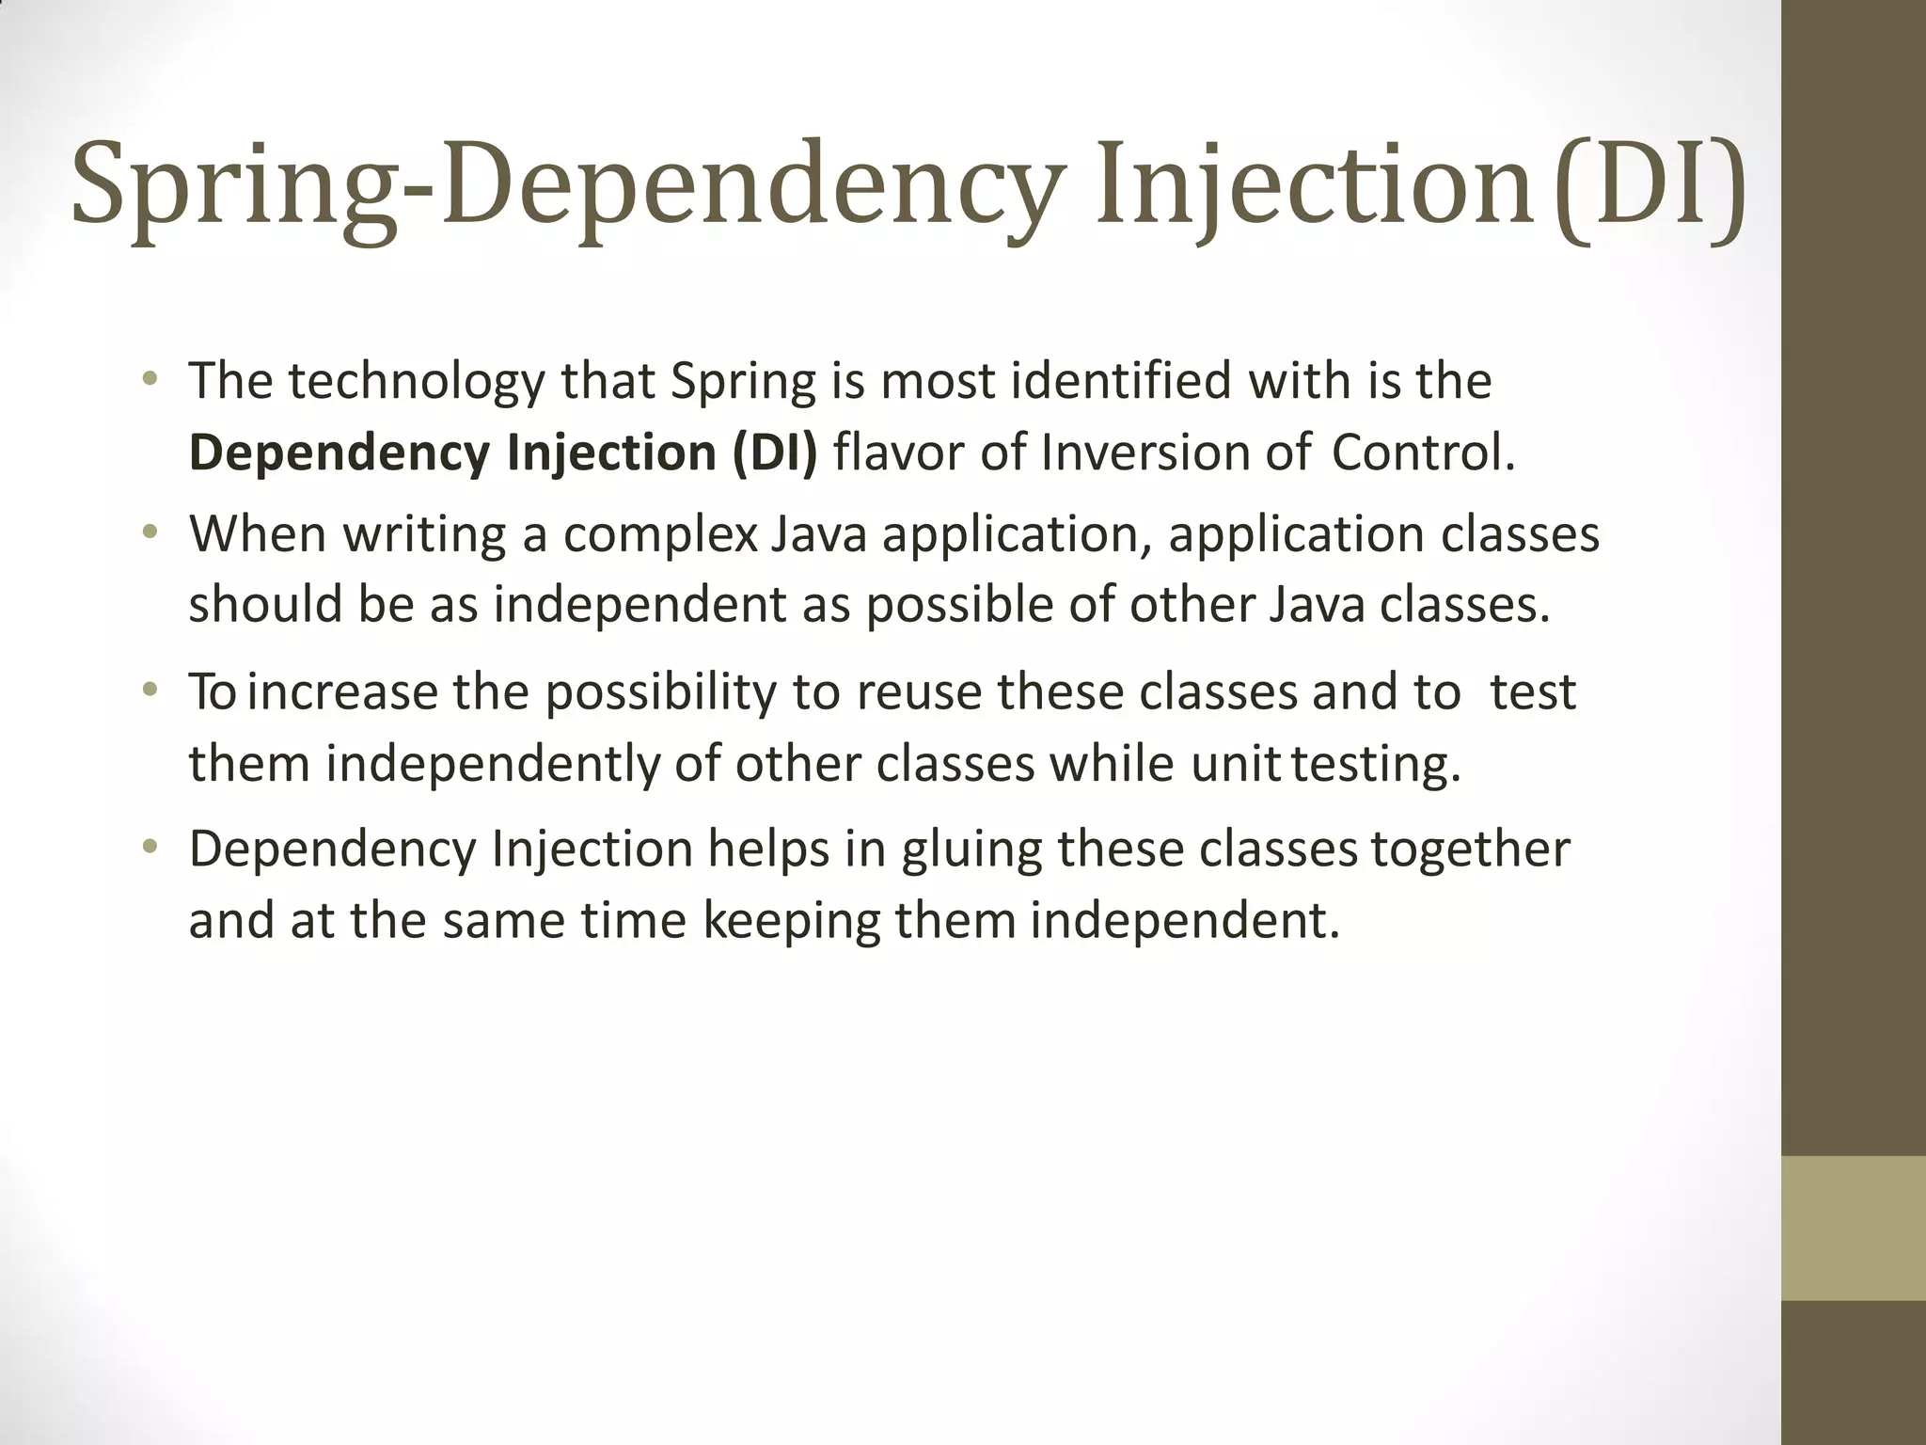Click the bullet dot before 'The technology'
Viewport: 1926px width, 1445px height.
pyautogui.click(x=149, y=380)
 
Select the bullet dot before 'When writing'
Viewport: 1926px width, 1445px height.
pyautogui.click(x=149, y=533)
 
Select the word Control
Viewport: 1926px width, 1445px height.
pyautogui.click(x=1423, y=453)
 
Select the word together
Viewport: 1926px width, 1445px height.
pyautogui.click(x=1470, y=850)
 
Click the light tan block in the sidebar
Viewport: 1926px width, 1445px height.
pyautogui.click(x=1854, y=1228)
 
